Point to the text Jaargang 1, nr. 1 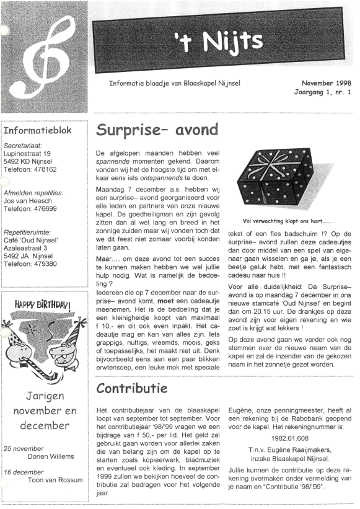pyautogui.click(x=322, y=92)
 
